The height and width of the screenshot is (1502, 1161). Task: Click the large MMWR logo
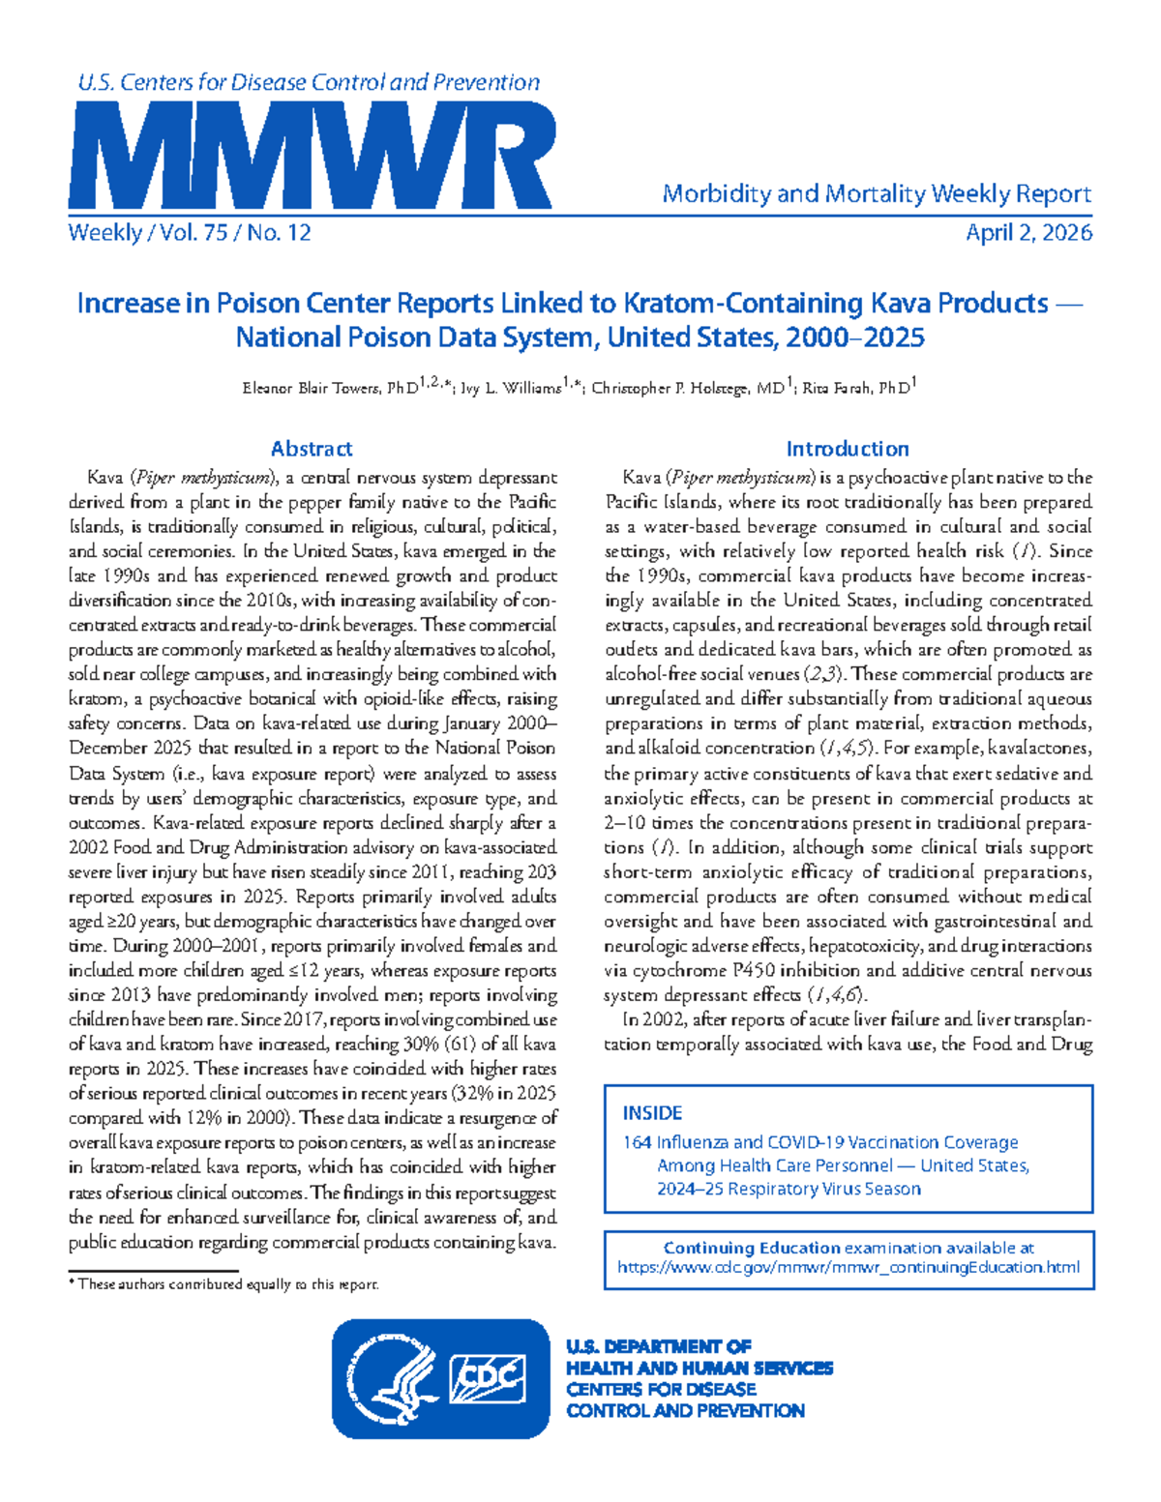tap(312, 156)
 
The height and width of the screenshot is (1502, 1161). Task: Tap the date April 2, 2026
tap(1028, 233)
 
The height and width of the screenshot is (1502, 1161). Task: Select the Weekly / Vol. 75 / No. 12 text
tap(190, 233)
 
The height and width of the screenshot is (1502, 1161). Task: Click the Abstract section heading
tap(312, 449)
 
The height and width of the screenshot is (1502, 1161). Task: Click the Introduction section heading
tap(848, 449)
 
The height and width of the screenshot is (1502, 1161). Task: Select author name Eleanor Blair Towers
tap(313, 389)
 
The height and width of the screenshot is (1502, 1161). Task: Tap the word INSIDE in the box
tap(652, 1113)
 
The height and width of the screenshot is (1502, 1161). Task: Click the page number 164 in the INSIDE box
tap(637, 1142)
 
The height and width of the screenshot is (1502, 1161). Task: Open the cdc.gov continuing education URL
tap(848, 1267)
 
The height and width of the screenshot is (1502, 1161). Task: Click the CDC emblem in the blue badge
tap(489, 1378)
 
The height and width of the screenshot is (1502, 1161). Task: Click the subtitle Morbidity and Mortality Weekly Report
tap(877, 194)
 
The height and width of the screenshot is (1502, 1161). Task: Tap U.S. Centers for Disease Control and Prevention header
tap(309, 83)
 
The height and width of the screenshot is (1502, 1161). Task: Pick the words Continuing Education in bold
tap(752, 1248)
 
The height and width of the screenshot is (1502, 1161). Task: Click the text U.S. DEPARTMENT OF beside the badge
tap(659, 1346)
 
